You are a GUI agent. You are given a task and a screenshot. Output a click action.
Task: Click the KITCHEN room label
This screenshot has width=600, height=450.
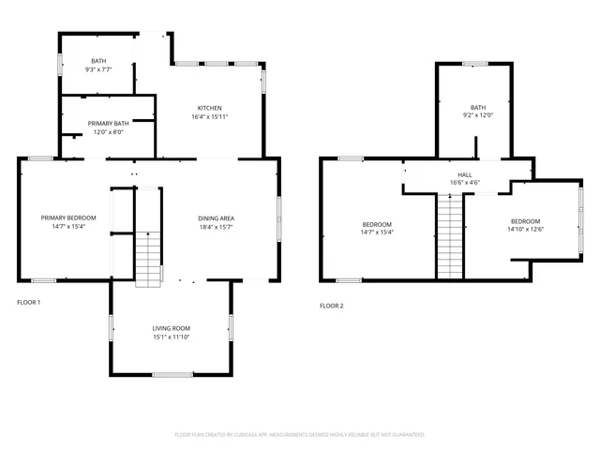pos(208,107)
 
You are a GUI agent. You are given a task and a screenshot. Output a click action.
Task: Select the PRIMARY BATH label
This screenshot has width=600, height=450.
pos(109,123)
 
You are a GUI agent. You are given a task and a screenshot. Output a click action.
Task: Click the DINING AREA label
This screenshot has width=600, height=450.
pos(216,217)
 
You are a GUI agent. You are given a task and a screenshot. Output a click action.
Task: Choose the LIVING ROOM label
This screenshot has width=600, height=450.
pos(172,328)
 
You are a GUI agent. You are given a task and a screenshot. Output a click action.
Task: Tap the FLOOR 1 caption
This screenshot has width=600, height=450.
pos(29,303)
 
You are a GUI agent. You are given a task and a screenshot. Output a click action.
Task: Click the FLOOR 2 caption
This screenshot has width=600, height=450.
pos(331,306)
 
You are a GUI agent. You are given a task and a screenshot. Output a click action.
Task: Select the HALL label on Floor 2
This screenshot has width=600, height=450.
pos(465,174)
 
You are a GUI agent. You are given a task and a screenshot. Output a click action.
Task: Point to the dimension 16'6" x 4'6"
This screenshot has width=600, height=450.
pos(465,183)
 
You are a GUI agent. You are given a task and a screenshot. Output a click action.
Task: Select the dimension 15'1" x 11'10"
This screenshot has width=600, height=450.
pos(172,337)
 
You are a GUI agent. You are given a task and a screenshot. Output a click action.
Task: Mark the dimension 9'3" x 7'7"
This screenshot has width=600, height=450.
pos(98,69)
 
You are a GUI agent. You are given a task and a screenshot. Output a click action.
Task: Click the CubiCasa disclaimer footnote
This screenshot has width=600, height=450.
pos(300,435)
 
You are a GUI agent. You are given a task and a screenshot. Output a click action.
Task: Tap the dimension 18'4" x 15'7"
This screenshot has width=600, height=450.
pos(216,227)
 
